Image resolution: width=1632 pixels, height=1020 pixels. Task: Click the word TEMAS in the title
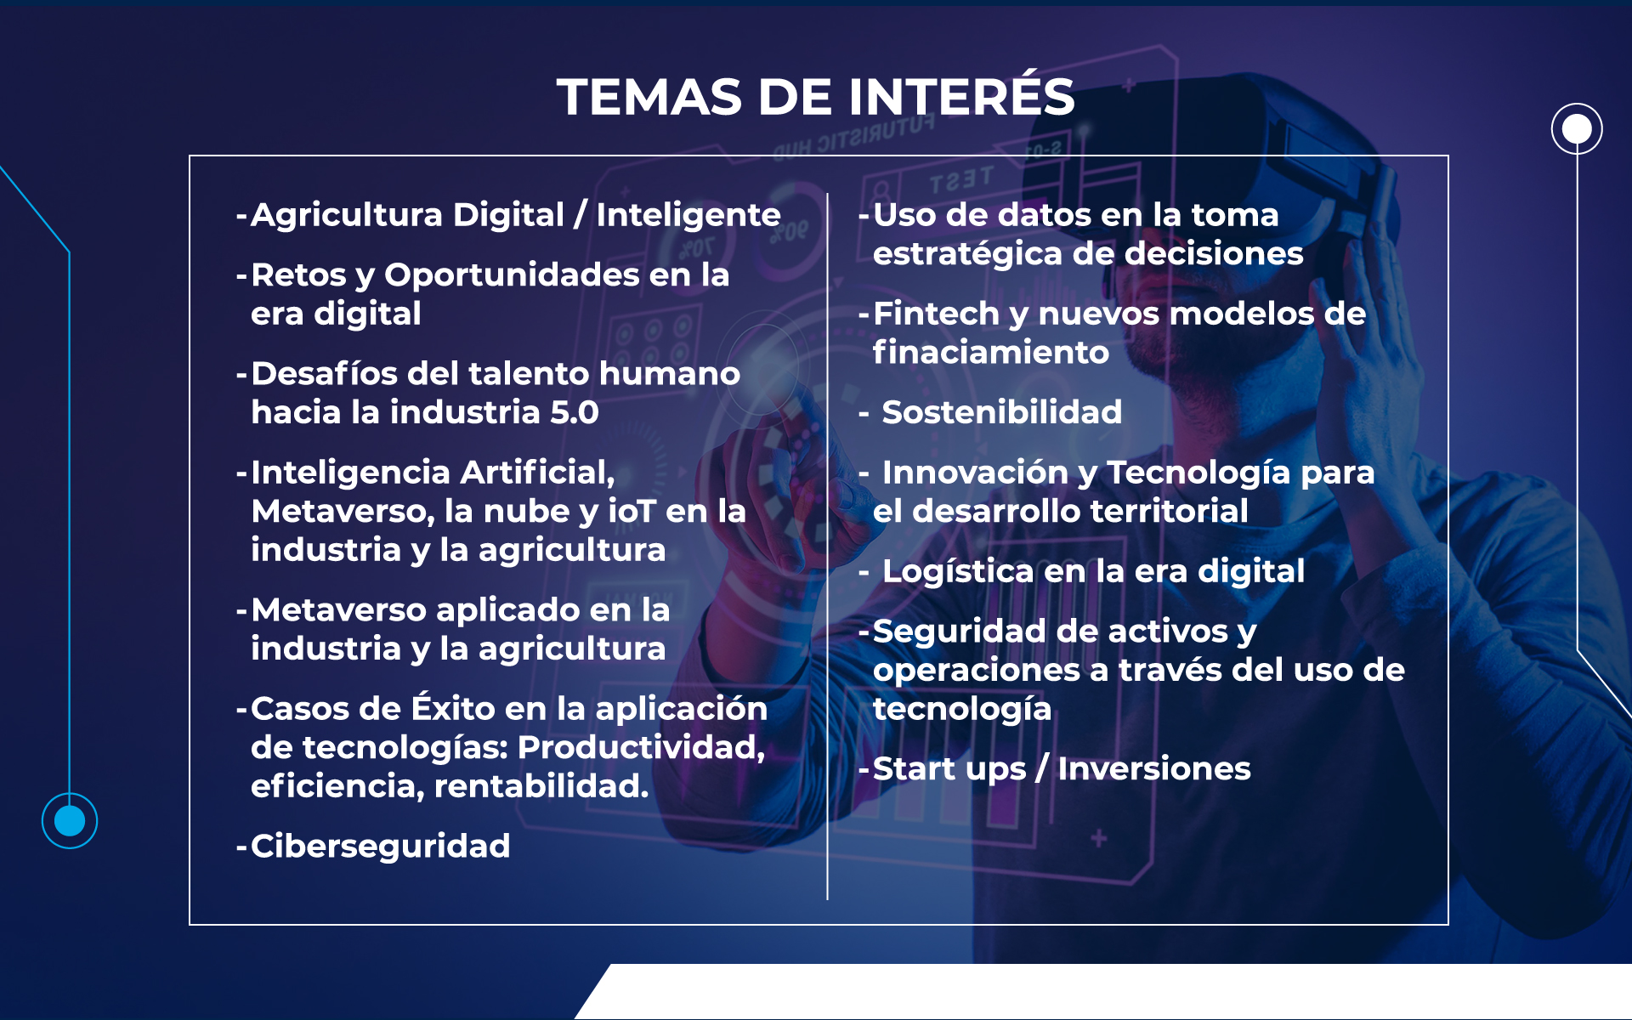click(649, 96)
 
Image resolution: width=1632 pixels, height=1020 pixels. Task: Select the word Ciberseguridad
click(380, 847)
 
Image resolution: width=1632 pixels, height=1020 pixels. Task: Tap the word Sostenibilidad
click(1002, 412)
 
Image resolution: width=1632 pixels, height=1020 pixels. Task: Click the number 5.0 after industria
click(575, 412)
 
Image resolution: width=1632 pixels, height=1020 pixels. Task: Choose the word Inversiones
click(1154, 769)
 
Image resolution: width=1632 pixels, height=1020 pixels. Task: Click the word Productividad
click(641, 747)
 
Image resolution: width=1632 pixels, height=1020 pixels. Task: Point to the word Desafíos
click(324, 373)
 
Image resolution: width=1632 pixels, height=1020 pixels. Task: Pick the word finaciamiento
click(991, 353)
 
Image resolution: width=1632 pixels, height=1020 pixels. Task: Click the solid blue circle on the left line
click(70, 821)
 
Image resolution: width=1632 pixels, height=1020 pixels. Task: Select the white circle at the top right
click(1577, 129)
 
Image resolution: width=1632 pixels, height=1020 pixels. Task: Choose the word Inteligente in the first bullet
click(688, 216)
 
